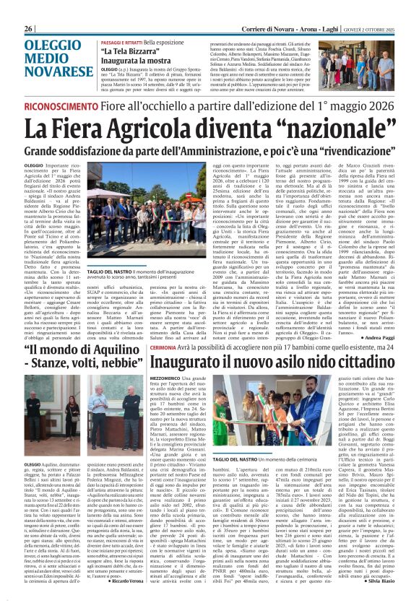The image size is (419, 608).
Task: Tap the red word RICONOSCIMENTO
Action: pyautogui.click(x=61, y=106)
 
